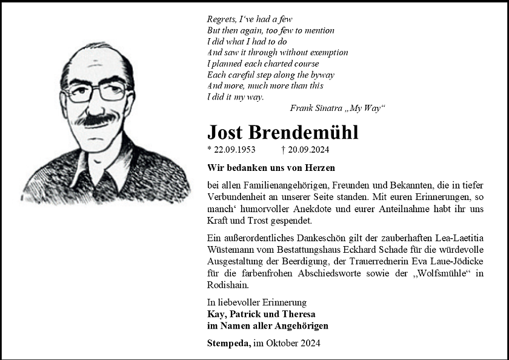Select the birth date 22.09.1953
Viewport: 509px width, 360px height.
[x=234, y=150]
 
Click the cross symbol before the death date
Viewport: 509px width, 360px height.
[x=284, y=150]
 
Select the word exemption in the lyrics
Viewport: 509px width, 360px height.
[x=328, y=53]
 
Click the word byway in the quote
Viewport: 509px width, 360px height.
[x=321, y=75]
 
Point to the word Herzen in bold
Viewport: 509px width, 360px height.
[x=320, y=167]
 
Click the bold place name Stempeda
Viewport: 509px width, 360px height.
[x=228, y=343]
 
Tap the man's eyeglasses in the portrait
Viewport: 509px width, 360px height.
[x=97, y=93]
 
